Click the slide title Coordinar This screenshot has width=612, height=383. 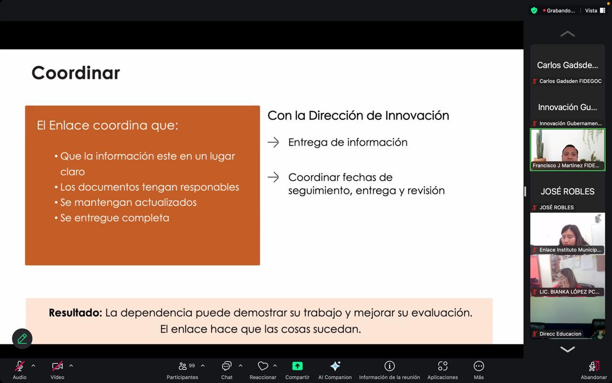[76, 73]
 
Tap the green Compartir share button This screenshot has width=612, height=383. [297, 366]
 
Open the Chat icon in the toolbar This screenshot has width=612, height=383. [227, 366]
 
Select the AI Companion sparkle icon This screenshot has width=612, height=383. [335, 366]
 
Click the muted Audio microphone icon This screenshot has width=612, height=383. [20, 366]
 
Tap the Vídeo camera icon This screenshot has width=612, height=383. [57, 366]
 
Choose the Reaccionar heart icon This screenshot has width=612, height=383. [263, 366]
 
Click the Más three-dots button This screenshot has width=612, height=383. [479, 366]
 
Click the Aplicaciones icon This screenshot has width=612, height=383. [443, 366]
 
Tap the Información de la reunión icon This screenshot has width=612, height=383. [390, 366]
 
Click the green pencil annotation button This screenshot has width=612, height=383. [22, 338]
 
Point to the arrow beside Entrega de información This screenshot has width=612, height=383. [273, 142]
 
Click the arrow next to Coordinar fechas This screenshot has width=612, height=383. [273, 177]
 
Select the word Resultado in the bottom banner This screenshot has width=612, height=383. [76, 313]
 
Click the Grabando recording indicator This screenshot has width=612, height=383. [559, 11]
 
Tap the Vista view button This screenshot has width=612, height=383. [595, 11]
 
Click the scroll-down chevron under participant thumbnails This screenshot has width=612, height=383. [568, 349]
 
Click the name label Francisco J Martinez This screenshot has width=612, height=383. [566, 166]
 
